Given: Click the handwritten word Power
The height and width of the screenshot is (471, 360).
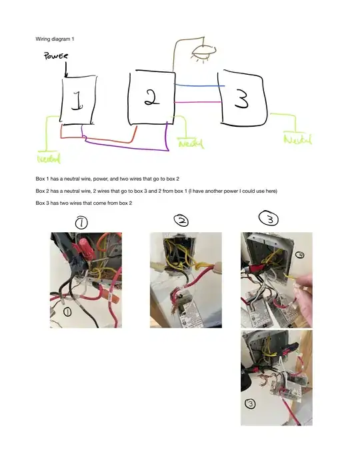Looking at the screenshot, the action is click(x=56, y=56).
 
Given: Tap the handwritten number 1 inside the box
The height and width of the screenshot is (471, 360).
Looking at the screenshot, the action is click(x=77, y=101).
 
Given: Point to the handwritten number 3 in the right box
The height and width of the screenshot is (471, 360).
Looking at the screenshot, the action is click(x=242, y=100).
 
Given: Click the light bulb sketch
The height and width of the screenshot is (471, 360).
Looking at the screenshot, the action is click(x=203, y=53).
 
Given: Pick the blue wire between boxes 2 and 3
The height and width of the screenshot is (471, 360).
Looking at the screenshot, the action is click(x=199, y=86).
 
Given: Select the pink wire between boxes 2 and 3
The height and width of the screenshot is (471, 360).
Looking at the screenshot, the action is click(x=197, y=103).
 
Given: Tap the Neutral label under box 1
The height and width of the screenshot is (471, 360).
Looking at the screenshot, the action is click(x=49, y=158).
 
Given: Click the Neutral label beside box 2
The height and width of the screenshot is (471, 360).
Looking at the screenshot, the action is click(x=191, y=143).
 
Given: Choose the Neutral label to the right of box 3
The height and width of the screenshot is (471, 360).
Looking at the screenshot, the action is click(x=298, y=139).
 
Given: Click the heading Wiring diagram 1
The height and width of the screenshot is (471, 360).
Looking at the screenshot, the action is click(x=55, y=39).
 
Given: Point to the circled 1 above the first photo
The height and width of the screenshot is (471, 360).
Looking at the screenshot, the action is click(x=81, y=223).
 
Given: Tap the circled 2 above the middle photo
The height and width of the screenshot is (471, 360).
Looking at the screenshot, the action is click(x=181, y=221).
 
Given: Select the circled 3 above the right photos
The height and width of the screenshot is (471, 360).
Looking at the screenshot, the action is click(x=269, y=219).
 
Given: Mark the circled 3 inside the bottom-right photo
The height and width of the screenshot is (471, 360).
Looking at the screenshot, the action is click(x=251, y=404).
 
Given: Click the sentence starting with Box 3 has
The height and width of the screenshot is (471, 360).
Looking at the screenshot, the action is click(x=84, y=203).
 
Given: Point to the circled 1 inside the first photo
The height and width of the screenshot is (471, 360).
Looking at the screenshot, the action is click(x=67, y=312).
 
